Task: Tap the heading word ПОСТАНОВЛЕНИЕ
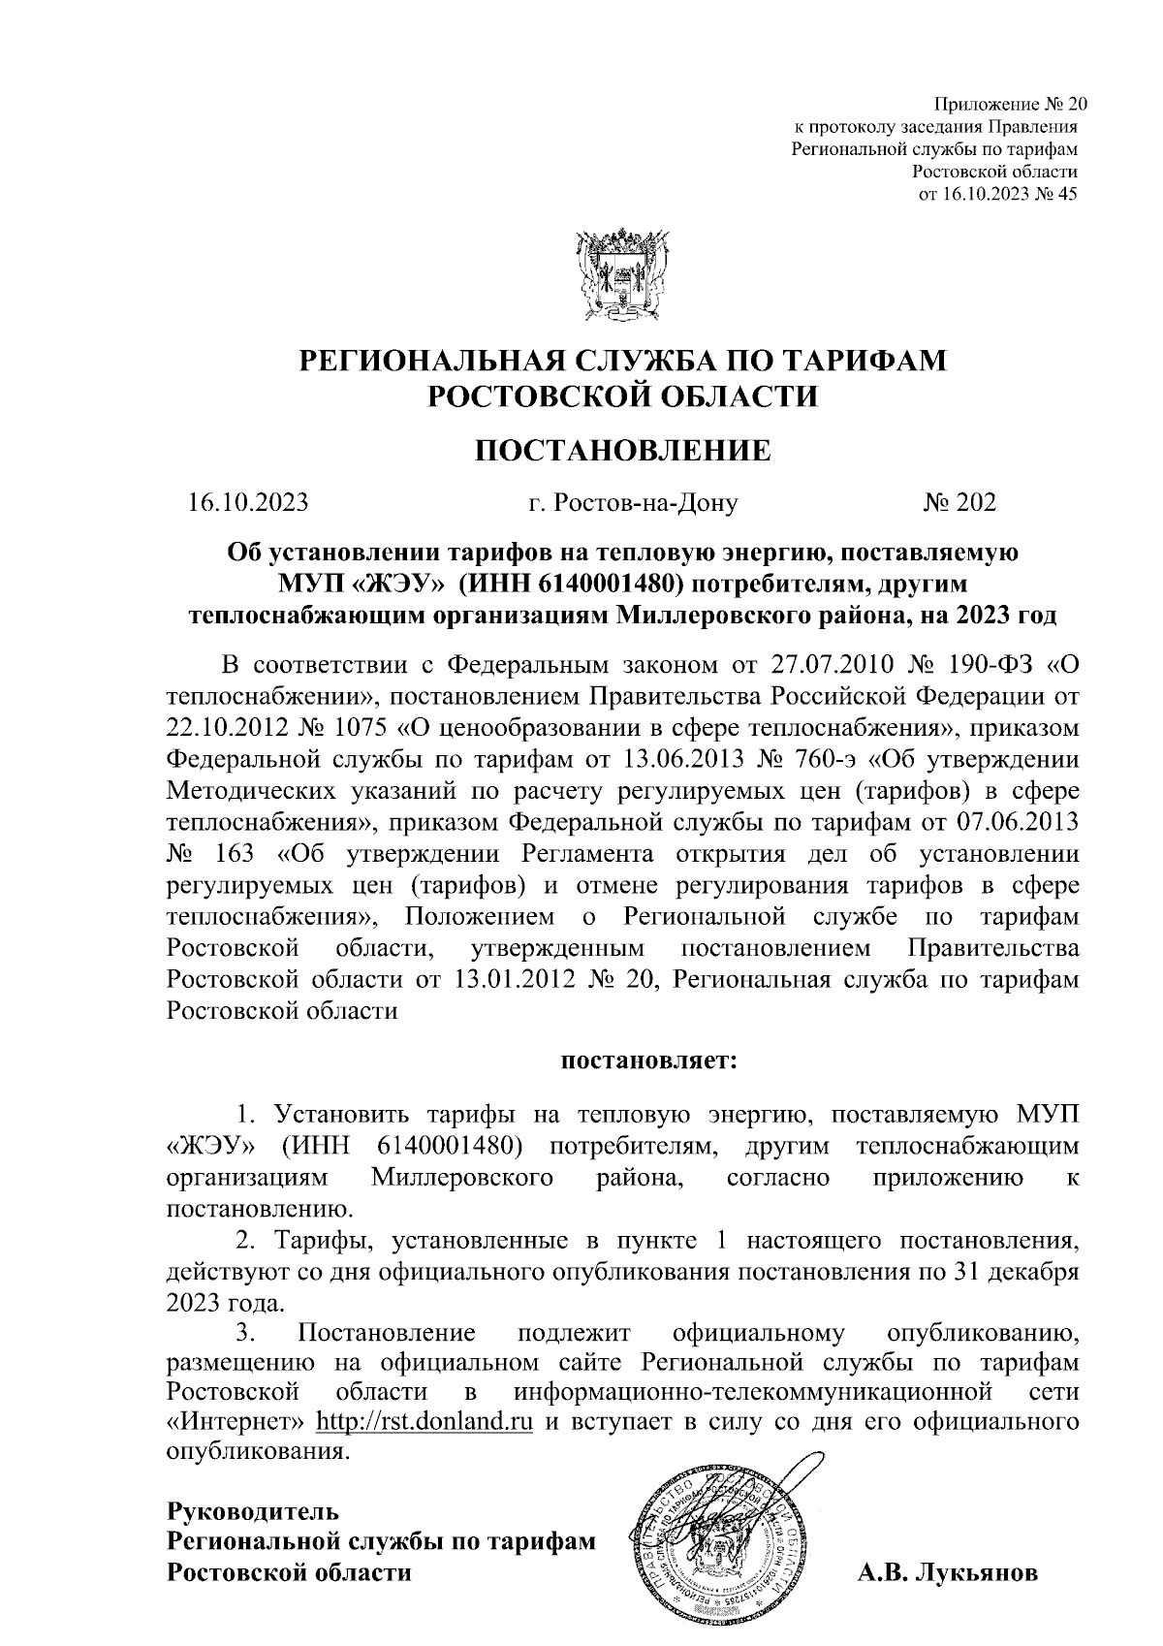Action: pos(622,451)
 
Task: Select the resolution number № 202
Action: pos(959,502)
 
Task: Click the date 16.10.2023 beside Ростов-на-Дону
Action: pos(248,502)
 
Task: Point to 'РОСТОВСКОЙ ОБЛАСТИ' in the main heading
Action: pos(622,396)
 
